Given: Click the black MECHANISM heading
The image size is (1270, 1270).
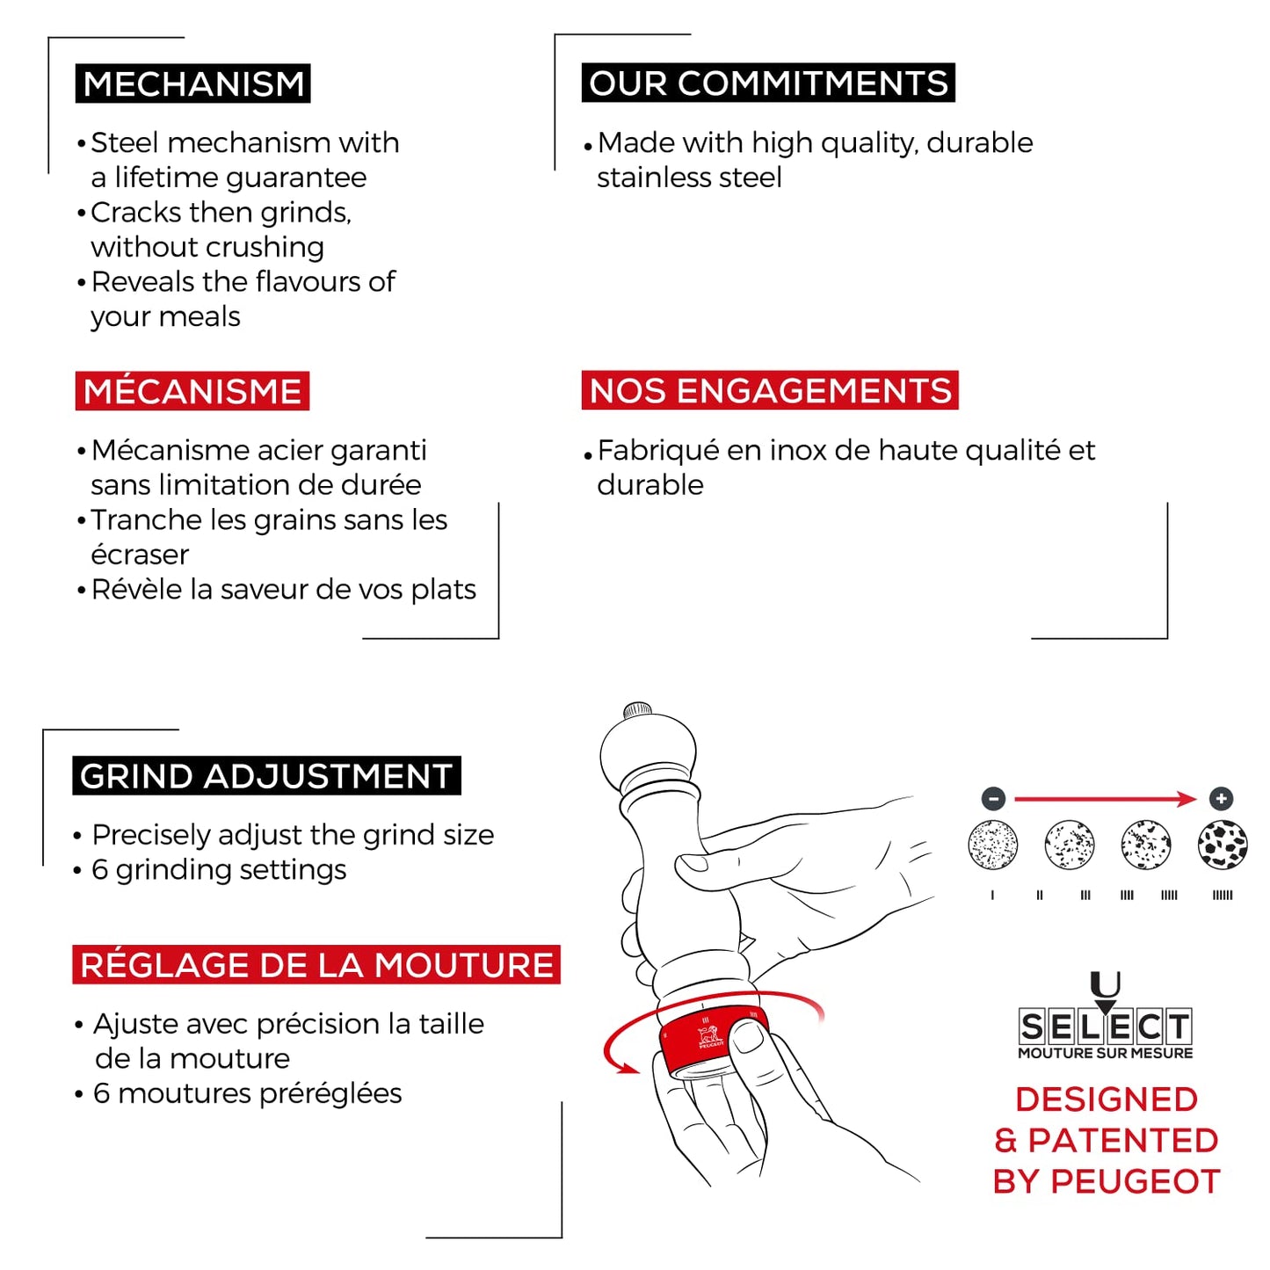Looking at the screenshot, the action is pos(192,83).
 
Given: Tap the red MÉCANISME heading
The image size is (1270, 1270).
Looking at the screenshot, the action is pos(192,391).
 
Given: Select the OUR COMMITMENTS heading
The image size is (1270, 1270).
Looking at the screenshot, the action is pos(768,83).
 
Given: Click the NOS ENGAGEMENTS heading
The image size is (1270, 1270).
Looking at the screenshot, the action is pos(770,390).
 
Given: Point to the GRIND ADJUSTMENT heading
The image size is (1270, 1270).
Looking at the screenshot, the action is pos(266,776).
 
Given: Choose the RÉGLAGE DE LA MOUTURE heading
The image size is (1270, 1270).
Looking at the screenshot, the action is pos(316,965).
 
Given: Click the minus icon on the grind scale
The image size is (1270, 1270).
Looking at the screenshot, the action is pos(993,799).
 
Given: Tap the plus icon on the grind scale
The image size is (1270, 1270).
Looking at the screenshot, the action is pos(1222,799).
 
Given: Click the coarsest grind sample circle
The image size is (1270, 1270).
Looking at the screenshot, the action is pos(1223,845).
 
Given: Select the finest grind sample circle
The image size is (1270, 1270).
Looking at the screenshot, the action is pos(993,845).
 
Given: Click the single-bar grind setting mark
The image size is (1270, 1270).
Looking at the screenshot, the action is pos(992,895).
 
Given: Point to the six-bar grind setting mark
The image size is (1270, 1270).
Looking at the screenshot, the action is pos(1223,895).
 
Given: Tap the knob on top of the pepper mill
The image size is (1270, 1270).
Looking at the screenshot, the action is pos(638,710).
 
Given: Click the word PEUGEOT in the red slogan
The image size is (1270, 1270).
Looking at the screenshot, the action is pos(1136,1182).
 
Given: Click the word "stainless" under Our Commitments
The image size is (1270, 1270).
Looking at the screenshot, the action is pos(645,178).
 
